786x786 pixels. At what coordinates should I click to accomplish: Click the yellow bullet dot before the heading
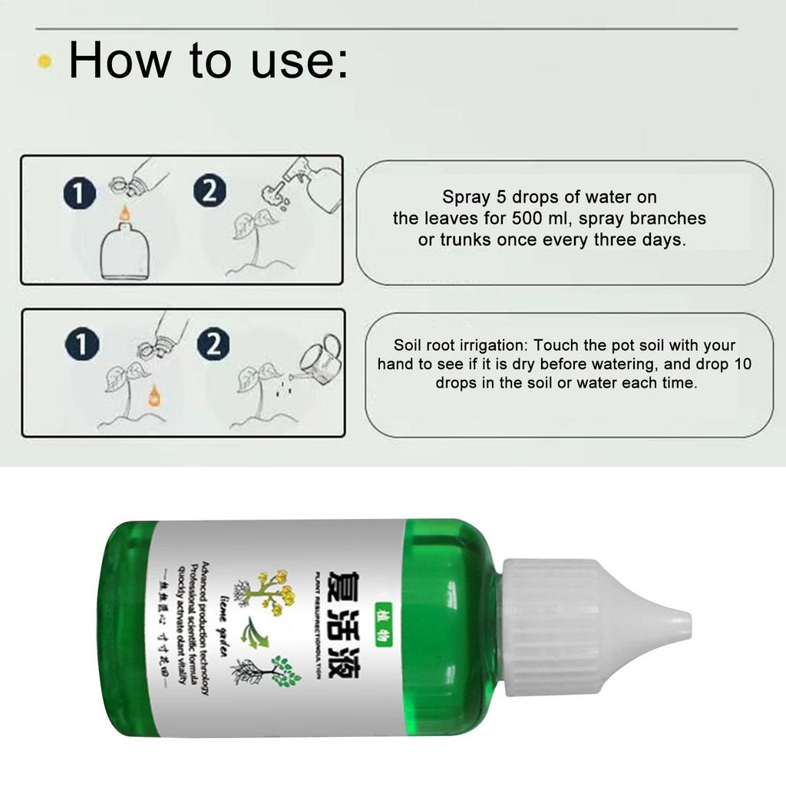tap(45, 61)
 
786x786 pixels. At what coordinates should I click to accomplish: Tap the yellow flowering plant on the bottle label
tap(270, 589)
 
